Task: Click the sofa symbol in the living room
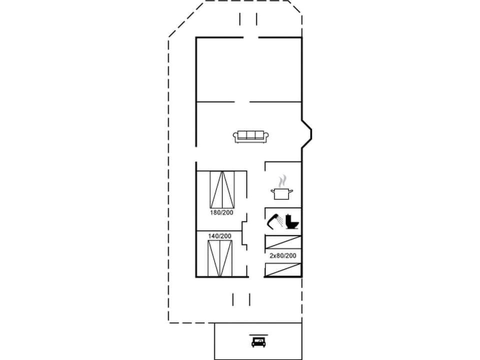click(x=248, y=136)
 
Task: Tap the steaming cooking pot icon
click(x=280, y=192)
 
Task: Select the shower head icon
click(x=273, y=220)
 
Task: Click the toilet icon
click(x=292, y=221)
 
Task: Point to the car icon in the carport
click(x=258, y=342)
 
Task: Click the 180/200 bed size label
click(x=221, y=212)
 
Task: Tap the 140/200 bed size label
click(x=220, y=236)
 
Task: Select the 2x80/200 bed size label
click(x=283, y=255)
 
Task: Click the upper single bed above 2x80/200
click(x=283, y=242)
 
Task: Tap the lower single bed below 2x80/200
click(x=283, y=269)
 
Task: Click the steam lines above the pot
click(x=282, y=179)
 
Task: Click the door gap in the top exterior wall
click(x=250, y=37)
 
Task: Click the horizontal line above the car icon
click(x=258, y=335)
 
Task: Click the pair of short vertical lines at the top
click(x=248, y=19)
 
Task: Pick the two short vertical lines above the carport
click(x=241, y=299)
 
